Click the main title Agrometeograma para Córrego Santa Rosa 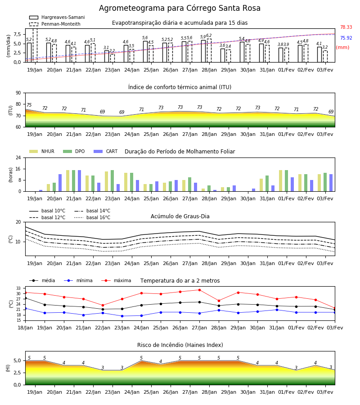point(180,8)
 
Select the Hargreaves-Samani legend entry point(57,17)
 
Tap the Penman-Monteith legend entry point(55,24)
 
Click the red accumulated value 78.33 point(346,27)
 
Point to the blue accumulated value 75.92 point(346,38)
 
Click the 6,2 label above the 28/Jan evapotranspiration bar point(209,36)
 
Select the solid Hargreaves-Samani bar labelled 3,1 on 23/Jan point(107,56)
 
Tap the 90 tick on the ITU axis point(18,93)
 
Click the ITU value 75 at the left point(29,105)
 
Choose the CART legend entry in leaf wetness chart point(105,151)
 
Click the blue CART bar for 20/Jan point(60,183)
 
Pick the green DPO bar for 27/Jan point(189,184)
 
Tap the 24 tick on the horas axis point(18,157)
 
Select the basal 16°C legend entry point(92,217)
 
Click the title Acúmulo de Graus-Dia point(180,216)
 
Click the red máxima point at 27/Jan point(200,290)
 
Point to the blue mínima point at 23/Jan point(122,316)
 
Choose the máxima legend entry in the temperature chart point(116,280)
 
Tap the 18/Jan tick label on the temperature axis point(25,328)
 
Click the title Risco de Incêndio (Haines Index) point(180,345)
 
